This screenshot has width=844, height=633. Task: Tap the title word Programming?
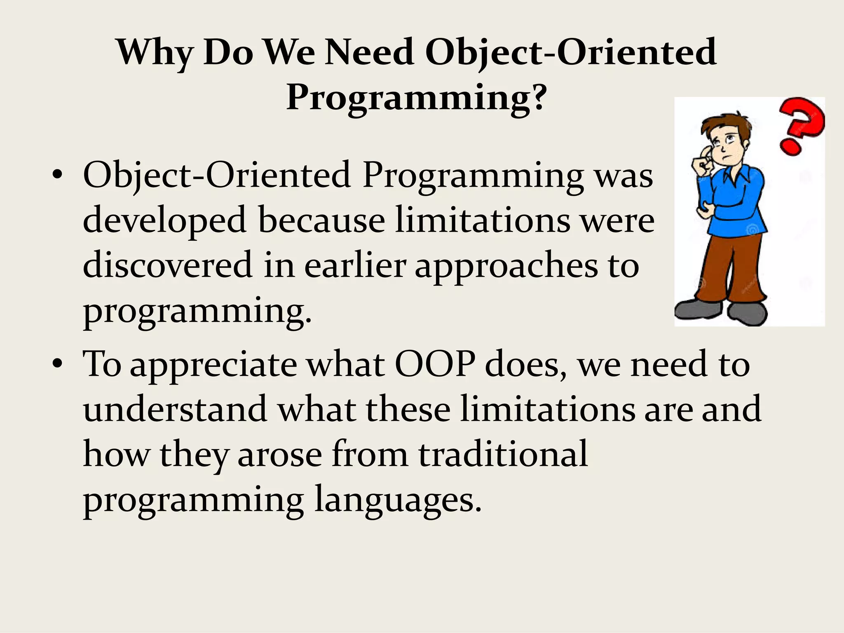416,97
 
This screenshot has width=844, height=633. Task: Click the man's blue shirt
738,202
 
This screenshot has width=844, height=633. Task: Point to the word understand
175,409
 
